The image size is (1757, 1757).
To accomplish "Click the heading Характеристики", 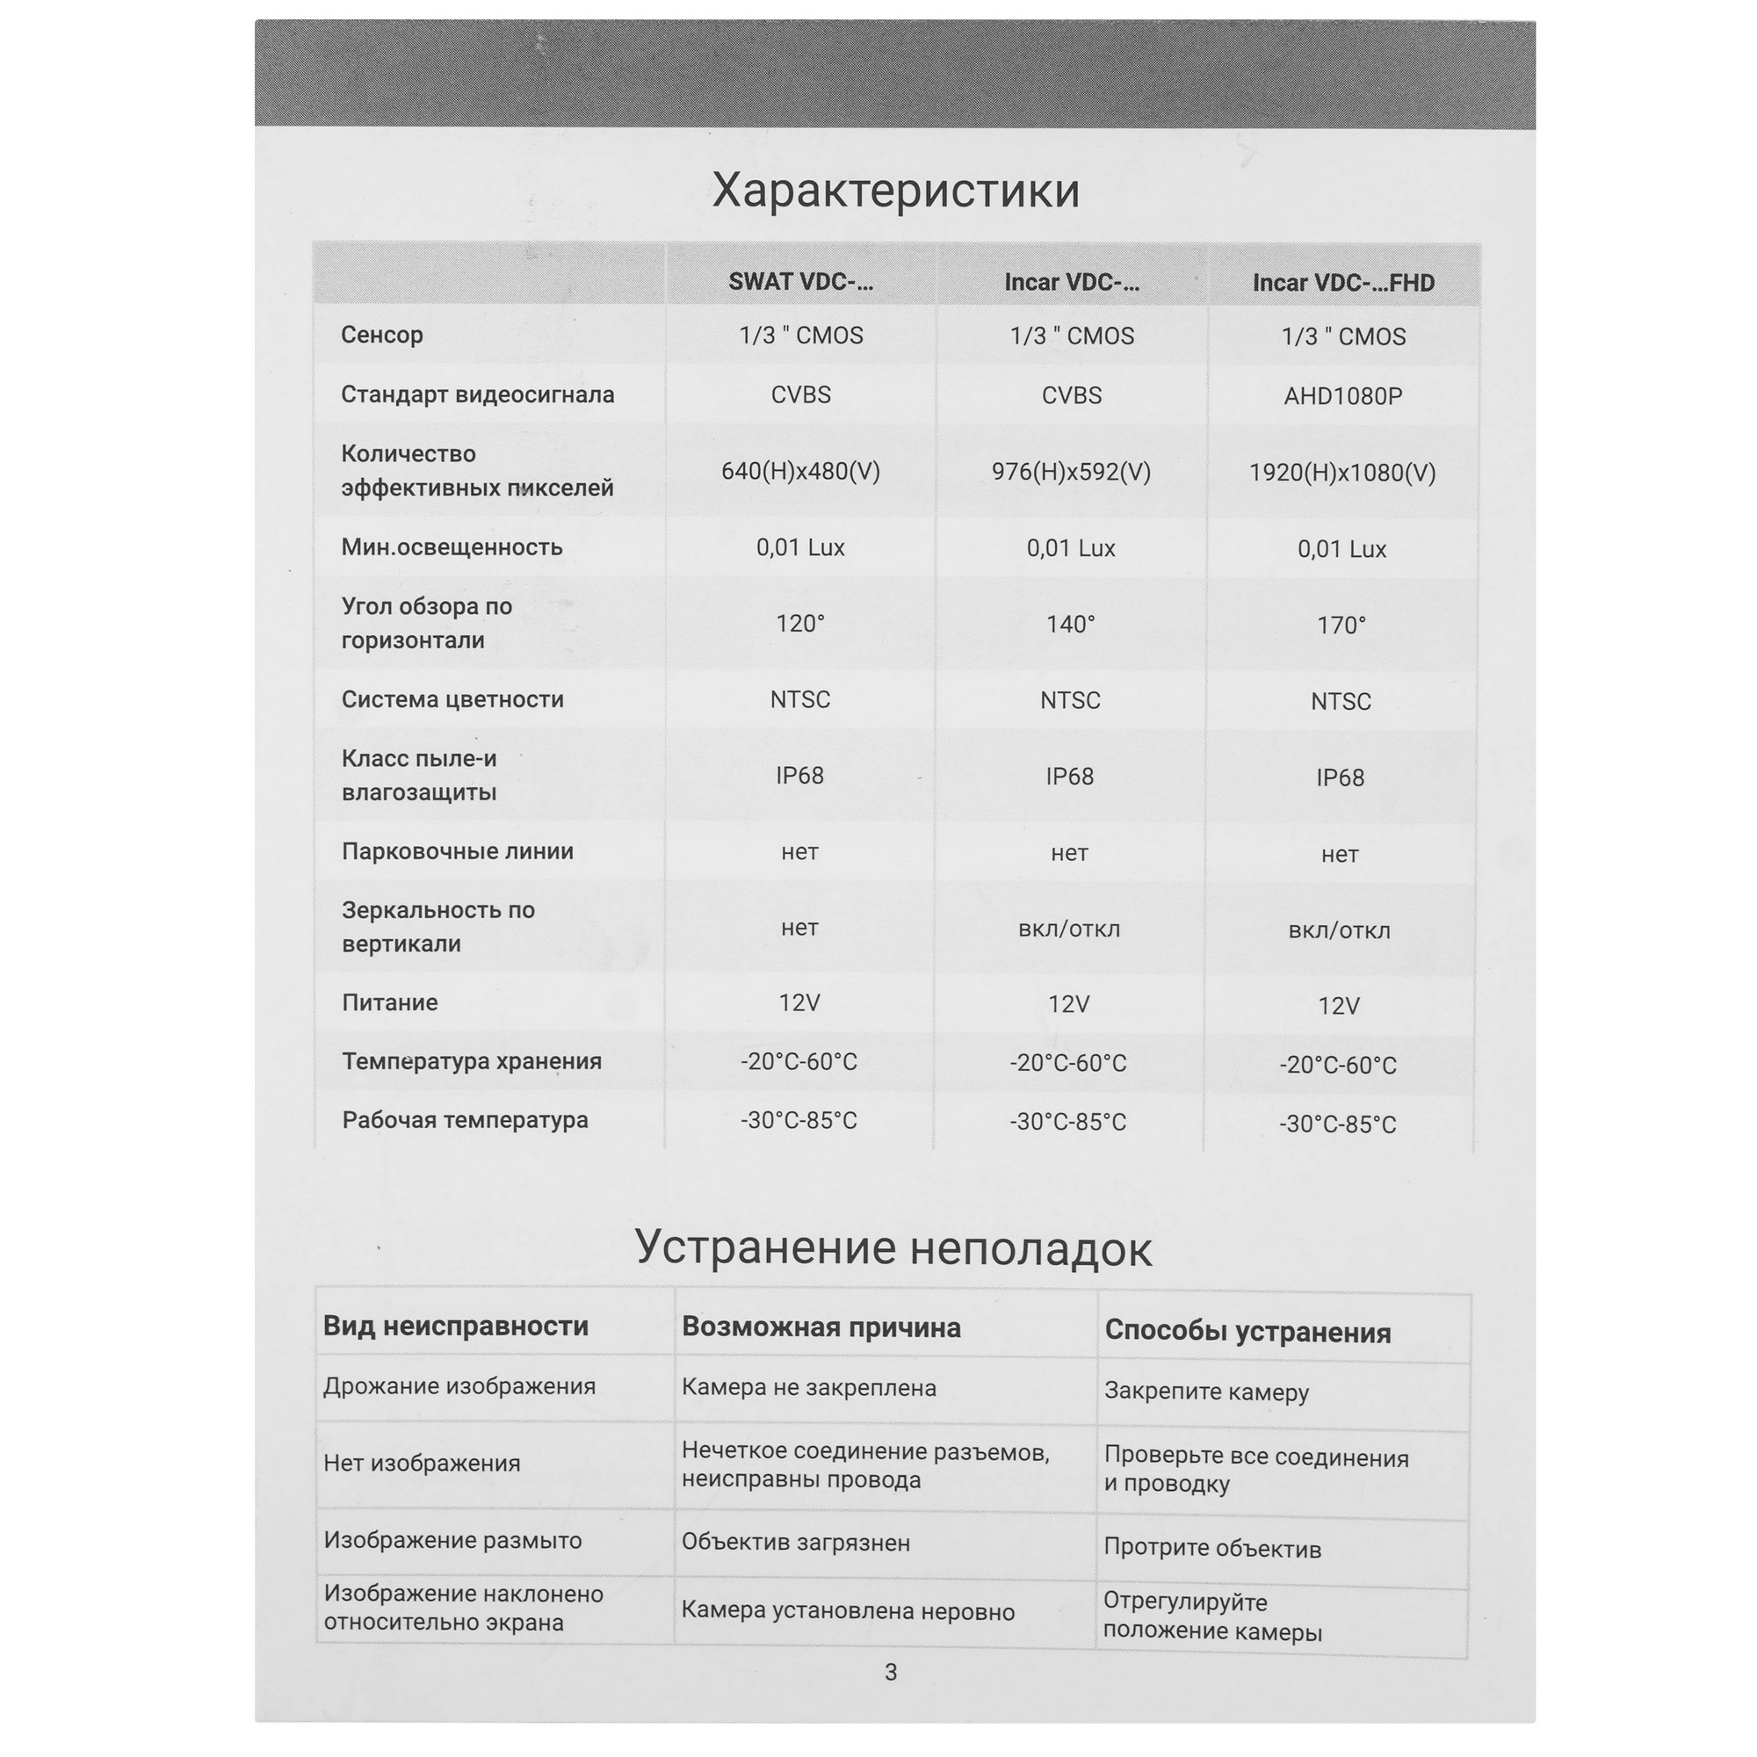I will (x=895, y=192).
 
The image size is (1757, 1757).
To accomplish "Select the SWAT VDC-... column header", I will (x=800, y=282).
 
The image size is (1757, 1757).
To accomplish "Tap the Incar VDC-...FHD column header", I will (x=1342, y=283).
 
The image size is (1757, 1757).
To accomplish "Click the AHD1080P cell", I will (x=1342, y=396).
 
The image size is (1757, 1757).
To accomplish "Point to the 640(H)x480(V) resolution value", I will (x=800, y=471).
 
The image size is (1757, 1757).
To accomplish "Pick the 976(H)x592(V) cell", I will (x=1070, y=472).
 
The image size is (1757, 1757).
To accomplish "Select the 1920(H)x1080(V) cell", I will (x=1341, y=473).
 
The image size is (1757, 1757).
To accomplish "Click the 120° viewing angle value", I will (x=800, y=624).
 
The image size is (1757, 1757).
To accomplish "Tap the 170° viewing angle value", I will (x=1341, y=625).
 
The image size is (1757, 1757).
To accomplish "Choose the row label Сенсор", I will (x=382, y=335).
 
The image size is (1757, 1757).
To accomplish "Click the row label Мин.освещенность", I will (x=452, y=547).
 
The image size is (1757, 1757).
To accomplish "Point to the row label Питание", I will (x=389, y=1002).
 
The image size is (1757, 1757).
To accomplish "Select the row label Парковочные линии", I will (x=458, y=851).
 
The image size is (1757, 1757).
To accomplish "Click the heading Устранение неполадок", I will (x=893, y=1247).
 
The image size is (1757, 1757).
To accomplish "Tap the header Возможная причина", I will (x=821, y=1327).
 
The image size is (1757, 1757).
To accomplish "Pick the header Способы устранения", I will (x=1247, y=1332).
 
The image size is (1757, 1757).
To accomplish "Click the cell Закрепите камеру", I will (x=1206, y=1392).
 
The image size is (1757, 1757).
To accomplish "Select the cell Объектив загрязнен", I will (x=796, y=1543).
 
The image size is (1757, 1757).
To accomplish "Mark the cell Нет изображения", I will (x=422, y=1464).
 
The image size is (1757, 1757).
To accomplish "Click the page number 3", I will (x=891, y=1672).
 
